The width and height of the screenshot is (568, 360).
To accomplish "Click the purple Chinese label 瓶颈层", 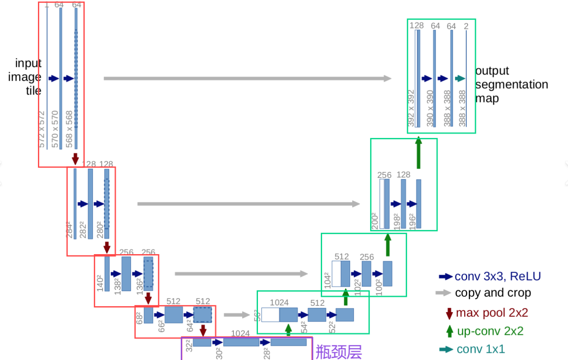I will pos(338,352).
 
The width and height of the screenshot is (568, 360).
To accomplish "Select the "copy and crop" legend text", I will pos(493,293).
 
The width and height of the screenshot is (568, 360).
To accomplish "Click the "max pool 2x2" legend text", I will pos(492,312).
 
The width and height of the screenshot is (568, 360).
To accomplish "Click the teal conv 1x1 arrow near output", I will pos(460,78).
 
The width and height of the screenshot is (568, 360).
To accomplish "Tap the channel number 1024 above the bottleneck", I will pos(240,333).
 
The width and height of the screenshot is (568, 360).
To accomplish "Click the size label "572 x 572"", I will pos(42,129).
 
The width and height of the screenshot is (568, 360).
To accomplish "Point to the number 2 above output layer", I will pos(466,26).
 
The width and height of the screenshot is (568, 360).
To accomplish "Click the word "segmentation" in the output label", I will pos(512,85).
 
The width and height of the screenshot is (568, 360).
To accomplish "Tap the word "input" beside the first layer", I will pos(28,63).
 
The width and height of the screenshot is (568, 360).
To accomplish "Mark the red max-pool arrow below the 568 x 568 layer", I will pos(75,159).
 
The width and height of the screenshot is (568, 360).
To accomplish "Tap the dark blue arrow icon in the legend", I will pos(445,276).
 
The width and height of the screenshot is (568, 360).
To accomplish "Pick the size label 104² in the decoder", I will pos(327,280).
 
